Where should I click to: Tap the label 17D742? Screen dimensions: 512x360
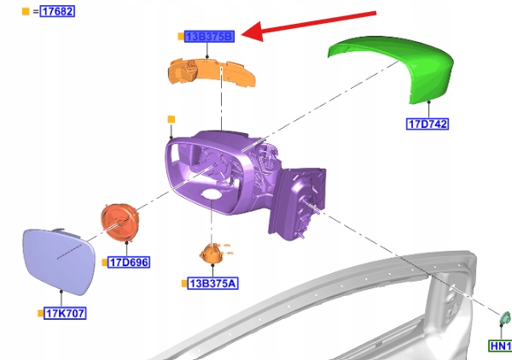(x=427, y=125)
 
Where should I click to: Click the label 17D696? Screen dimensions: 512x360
(x=128, y=263)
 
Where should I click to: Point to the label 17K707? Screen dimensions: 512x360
(x=65, y=313)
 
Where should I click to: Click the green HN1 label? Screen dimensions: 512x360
(x=499, y=346)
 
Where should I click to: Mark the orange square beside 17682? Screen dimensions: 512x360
(x=25, y=11)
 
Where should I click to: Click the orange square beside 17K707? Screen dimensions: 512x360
(x=39, y=314)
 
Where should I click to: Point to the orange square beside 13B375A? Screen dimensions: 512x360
(x=183, y=282)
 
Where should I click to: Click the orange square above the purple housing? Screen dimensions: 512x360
(x=171, y=119)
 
